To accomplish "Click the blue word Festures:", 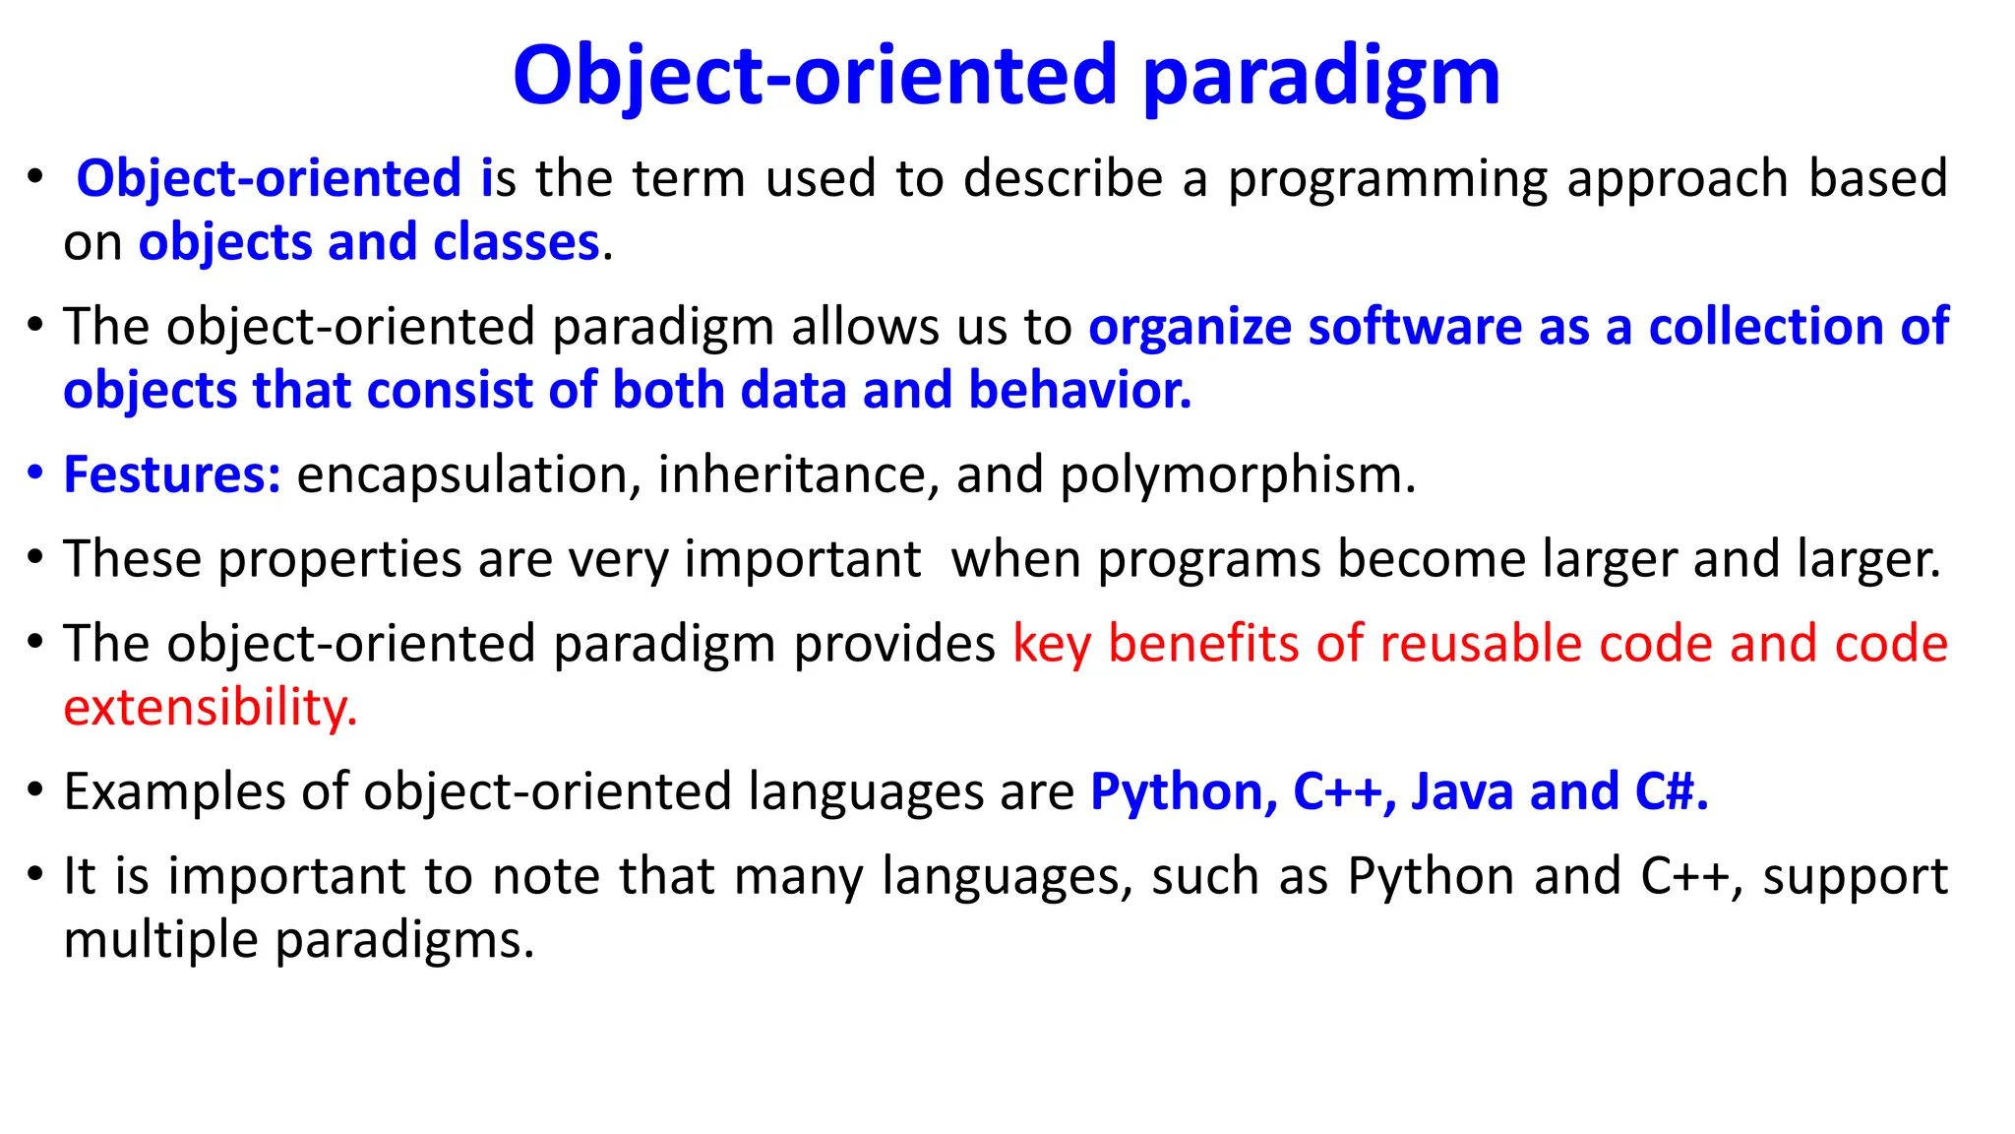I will [x=172, y=474].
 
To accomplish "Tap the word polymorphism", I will [x=1237, y=475].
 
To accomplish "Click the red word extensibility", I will [x=210, y=708].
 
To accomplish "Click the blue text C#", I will [x=1671, y=791].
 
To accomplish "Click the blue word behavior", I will [x=1079, y=390].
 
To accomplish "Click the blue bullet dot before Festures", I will [x=35, y=473].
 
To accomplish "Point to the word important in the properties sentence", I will [x=802, y=559].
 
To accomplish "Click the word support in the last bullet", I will [x=1854, y=876].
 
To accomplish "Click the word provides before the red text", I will [x=894, y=644].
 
